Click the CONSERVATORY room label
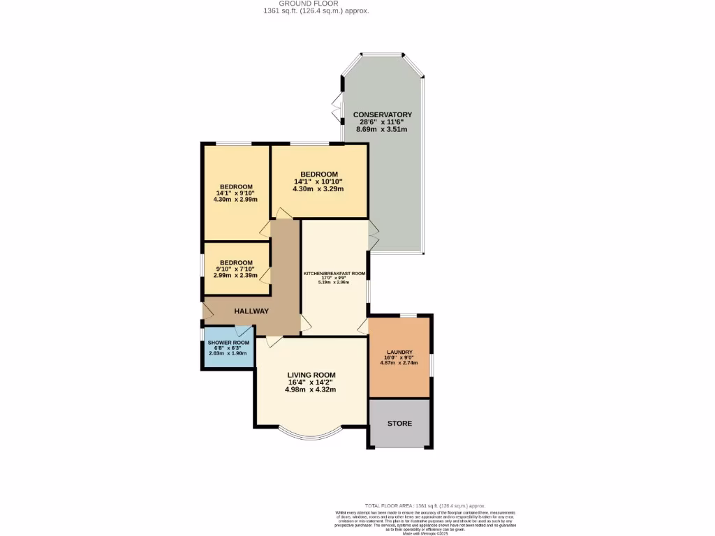click(382, 114)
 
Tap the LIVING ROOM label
click(311, 375)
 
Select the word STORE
click(399, 424)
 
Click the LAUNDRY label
click(399, 352)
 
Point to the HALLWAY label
click(251, 311)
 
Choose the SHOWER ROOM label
click(228, 343)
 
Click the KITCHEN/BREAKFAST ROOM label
click(334, 274)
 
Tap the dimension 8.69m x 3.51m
click(382, 129)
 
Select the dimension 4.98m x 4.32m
click(311, 389)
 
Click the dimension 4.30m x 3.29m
click(319, 188)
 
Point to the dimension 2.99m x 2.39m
click(235, 276)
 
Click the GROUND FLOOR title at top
click(316, 3)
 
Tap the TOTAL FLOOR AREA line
click(425, 506)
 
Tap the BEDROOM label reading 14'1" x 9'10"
click(236, 186)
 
